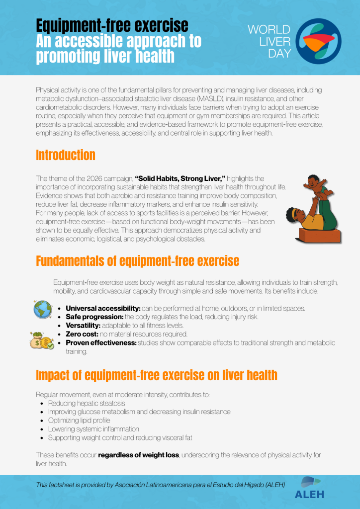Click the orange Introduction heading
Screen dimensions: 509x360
click(65, 155)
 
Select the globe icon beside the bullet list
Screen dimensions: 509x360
click(41, 309)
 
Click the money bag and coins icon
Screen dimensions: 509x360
click(41, 339)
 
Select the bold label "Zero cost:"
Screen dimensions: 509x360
click(82, 334)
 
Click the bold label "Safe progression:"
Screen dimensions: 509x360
click(94, 317)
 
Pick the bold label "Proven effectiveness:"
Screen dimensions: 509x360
click(101, 343)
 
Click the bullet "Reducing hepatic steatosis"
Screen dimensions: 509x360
click(87, 403)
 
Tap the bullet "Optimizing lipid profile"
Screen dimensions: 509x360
click(79, 420)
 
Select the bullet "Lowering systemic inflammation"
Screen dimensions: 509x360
click(93, 429)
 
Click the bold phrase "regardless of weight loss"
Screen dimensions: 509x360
click(138, 455)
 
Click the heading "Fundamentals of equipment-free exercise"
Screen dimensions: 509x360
click(137, 261)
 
